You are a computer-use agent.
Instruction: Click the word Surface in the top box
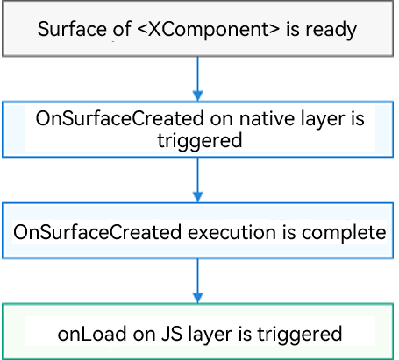(72, 29)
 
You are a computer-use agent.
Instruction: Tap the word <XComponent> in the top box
(208, 30)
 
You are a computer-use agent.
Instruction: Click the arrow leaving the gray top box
(198, 79)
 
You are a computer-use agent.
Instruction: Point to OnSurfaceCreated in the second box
(119, 118)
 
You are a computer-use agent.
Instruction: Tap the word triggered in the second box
(200, 141)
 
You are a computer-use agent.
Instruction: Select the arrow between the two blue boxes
(198, 180)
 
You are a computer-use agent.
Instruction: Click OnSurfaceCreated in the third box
(97, 232)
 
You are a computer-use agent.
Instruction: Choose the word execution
(232, 233)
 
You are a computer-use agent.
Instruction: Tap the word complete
(344, 233)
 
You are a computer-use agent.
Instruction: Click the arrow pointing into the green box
(198, 281)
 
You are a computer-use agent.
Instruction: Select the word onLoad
(92, 334)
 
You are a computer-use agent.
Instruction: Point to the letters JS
(172, 334)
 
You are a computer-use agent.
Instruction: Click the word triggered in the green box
(300, 335)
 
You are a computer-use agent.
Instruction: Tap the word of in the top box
(122, 29)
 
